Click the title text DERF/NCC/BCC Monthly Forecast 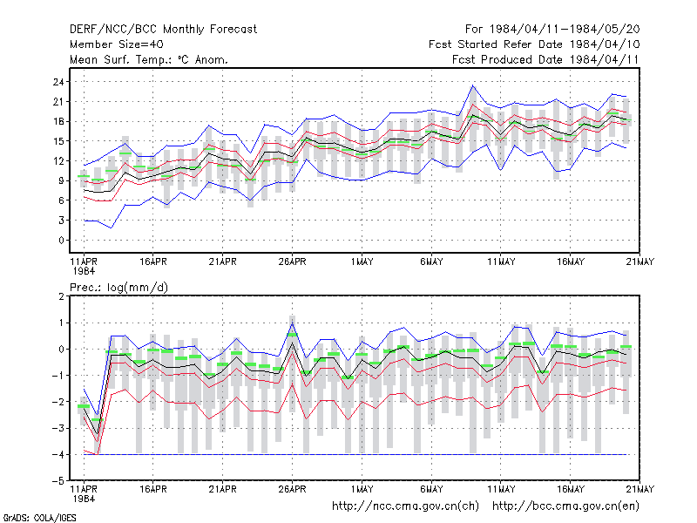tap(163, 30)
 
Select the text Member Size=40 tap(117, 44)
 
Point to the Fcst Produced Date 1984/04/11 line tap(545, 59)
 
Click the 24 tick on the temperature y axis tap(58, 82)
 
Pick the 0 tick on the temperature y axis tap(61, 241)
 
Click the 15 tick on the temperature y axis tap(58, 141)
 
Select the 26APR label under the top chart tap(292, 261)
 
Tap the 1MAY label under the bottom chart tap(362, 489)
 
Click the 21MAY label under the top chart tap(640, 261)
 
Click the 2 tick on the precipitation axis tap(61, 296)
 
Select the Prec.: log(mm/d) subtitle tap(119, 288)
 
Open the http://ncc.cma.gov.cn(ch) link tap(405, 506)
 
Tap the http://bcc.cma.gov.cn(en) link tap(565, 506)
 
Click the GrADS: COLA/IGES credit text tap(39, 518)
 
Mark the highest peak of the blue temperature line tap(473, 85)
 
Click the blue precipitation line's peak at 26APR tap(292, 323)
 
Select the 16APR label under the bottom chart tap(153, 489)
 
